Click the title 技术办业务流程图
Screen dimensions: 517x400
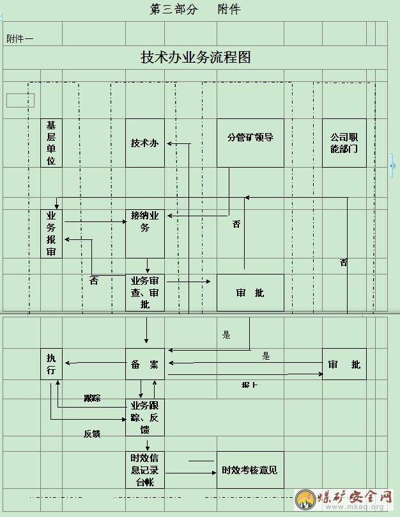196,57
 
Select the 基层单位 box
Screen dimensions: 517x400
51,143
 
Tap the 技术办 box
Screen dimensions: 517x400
144,143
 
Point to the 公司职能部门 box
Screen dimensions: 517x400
344,143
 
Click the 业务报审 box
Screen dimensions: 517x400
51,234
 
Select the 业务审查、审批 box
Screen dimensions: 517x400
144,292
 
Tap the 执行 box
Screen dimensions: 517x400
51,364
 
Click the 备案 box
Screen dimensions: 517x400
144,364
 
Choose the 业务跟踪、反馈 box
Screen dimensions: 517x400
144,417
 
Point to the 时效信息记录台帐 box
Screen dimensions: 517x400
144,470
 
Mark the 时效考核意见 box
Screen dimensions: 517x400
250,470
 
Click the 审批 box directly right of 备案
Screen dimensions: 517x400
344,364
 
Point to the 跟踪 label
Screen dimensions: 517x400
92,398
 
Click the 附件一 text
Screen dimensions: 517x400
20,38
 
